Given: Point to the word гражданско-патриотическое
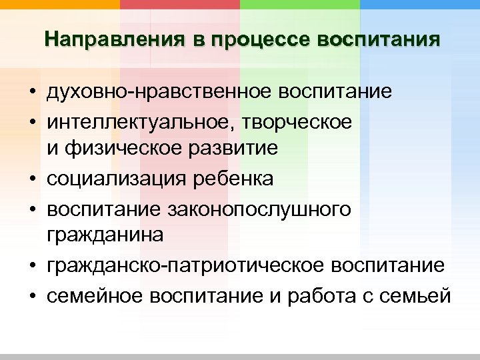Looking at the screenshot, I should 171,266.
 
